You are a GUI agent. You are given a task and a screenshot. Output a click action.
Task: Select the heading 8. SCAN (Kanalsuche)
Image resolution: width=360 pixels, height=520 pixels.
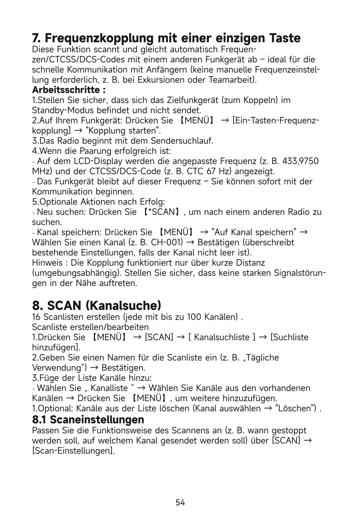click(97, 306)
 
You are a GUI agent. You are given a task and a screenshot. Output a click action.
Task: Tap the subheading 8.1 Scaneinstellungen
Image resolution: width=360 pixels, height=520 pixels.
click(88, 419)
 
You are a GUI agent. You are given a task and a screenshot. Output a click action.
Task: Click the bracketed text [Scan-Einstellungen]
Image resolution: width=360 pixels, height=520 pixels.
click(73, 451)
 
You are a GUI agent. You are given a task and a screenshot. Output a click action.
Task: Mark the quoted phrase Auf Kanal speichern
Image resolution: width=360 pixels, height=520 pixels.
click(254, 233)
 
